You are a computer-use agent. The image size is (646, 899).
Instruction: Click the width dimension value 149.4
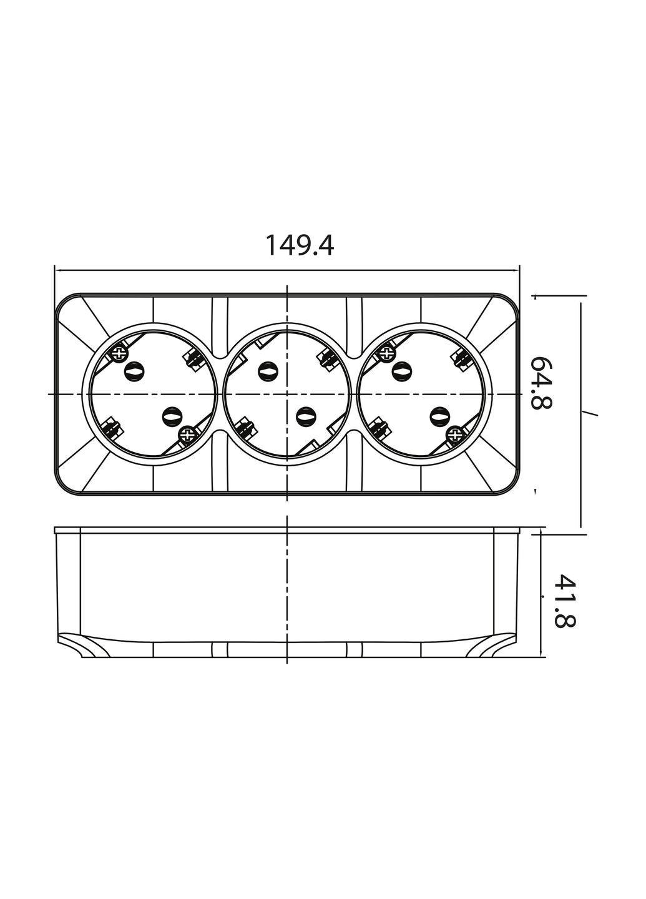coord(300,245)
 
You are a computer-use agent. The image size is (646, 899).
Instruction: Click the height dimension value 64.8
coord(541,382)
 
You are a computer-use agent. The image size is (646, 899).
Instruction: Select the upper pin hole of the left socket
coord(134,371)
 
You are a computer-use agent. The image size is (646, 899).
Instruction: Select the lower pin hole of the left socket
coord(170,416)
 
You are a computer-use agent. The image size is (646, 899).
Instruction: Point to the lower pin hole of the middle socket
coord(305,416)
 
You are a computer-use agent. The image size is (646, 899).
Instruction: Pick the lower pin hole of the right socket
coord(439,416)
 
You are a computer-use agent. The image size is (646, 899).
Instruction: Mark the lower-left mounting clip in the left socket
coord(111,429)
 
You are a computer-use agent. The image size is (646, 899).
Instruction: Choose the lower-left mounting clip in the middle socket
coord(245,429)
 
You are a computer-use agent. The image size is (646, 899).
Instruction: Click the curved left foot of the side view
coord(81,646)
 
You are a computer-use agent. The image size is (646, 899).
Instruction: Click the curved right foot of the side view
coord(493,646)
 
